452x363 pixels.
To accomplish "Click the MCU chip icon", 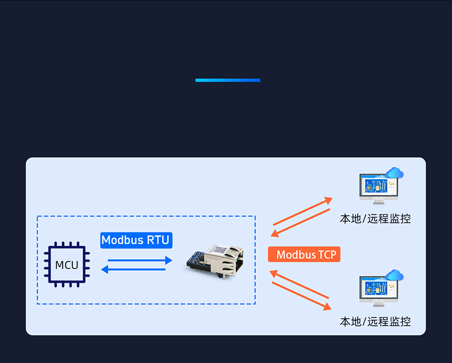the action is point(67,265).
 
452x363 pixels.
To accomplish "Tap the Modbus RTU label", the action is point(136,240).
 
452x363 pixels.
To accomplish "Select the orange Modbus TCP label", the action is point(304,255).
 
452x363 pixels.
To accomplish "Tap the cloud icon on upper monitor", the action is point(395,173).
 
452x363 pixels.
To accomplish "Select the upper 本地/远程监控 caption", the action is point(375,219).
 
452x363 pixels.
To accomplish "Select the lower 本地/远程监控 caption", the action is point(375,321).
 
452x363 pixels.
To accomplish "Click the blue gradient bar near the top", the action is point(228,80).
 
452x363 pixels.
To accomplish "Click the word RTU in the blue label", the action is point(158,240).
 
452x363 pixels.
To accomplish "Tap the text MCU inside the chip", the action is point(67,265).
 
